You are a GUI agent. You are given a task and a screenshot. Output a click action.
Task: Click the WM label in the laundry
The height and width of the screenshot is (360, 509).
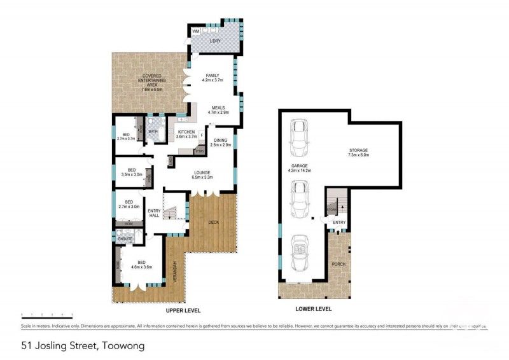click(196, 31)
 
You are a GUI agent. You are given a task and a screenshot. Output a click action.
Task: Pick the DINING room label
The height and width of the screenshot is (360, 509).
click(222, 142)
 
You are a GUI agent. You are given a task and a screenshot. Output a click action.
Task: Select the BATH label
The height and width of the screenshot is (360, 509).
click(153, 132)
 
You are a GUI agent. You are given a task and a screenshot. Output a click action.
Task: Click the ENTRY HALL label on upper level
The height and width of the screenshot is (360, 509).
click(153, 214)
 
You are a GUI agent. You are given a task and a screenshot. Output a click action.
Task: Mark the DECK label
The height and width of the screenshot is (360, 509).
click(213, 222)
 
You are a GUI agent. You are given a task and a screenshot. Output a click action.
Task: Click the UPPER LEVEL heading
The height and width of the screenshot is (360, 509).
click(183, 310)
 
